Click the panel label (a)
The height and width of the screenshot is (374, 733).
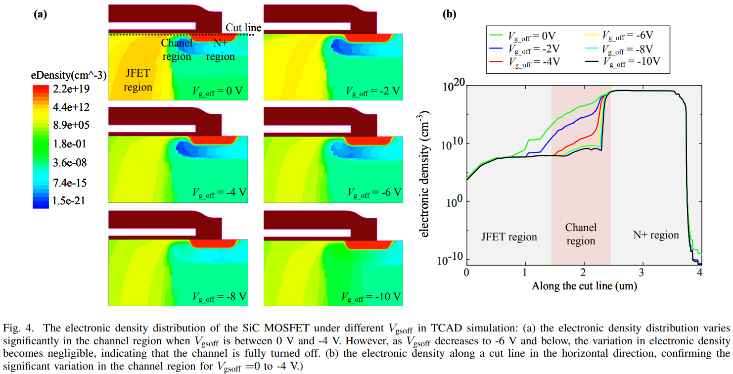tap(40, 14)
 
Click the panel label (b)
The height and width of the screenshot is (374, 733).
tap(449, 14)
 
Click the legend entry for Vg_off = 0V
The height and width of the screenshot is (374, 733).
tap(531, 36)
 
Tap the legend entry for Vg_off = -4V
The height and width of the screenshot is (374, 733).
tap(531, 61)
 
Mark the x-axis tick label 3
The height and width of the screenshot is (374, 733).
tap(642, 273)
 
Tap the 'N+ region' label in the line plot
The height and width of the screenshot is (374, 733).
tap(656, 235)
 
